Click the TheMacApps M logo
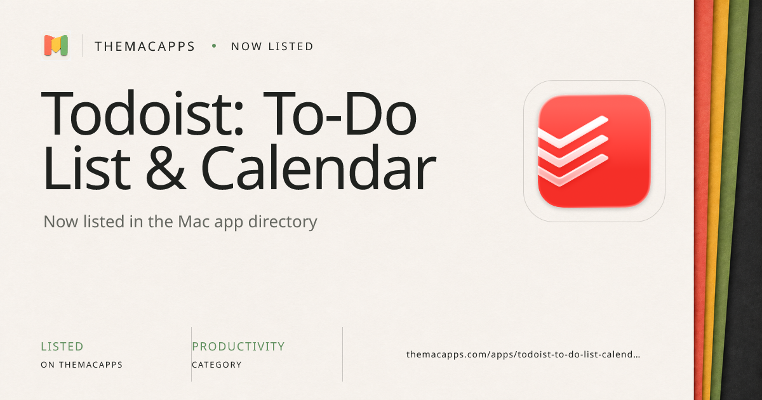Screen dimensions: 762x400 pyautogui.click(x=56, y=45)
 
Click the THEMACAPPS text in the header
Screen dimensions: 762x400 pyautogui.click(x=145, y=46)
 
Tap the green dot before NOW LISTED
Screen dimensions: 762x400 pyautogui.click(x=214, y=46)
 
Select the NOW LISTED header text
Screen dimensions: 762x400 pyautogui.click(x=272, y=46)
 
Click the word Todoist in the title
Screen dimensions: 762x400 pyautogui.click(x=142, y=113)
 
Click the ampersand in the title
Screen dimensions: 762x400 pyautogui.click(x=166, y=168)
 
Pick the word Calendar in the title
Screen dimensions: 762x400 pyautogui.click(x=318, y=166)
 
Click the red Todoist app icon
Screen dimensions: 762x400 pyautogui.click(x=594, y=150)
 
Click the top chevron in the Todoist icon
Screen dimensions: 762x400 pyautogui.click(x=573, y=132)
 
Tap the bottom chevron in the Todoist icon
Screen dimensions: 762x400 pyautogui.click(x=573, y=170)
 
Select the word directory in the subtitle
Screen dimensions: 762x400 pyautogui.click(x=283, y=222)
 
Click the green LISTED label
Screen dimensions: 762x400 pyautogui.click(x=62, y=346)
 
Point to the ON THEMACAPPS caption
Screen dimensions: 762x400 pyautogui.click(x=82, y=364)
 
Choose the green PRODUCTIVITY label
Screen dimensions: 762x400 pyautogui.click(x=238, y=346)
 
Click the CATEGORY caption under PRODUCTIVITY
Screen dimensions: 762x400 pyautogui.click(x=217, y=364)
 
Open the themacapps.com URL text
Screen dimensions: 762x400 pyautogui.click(x=523, y=354)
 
